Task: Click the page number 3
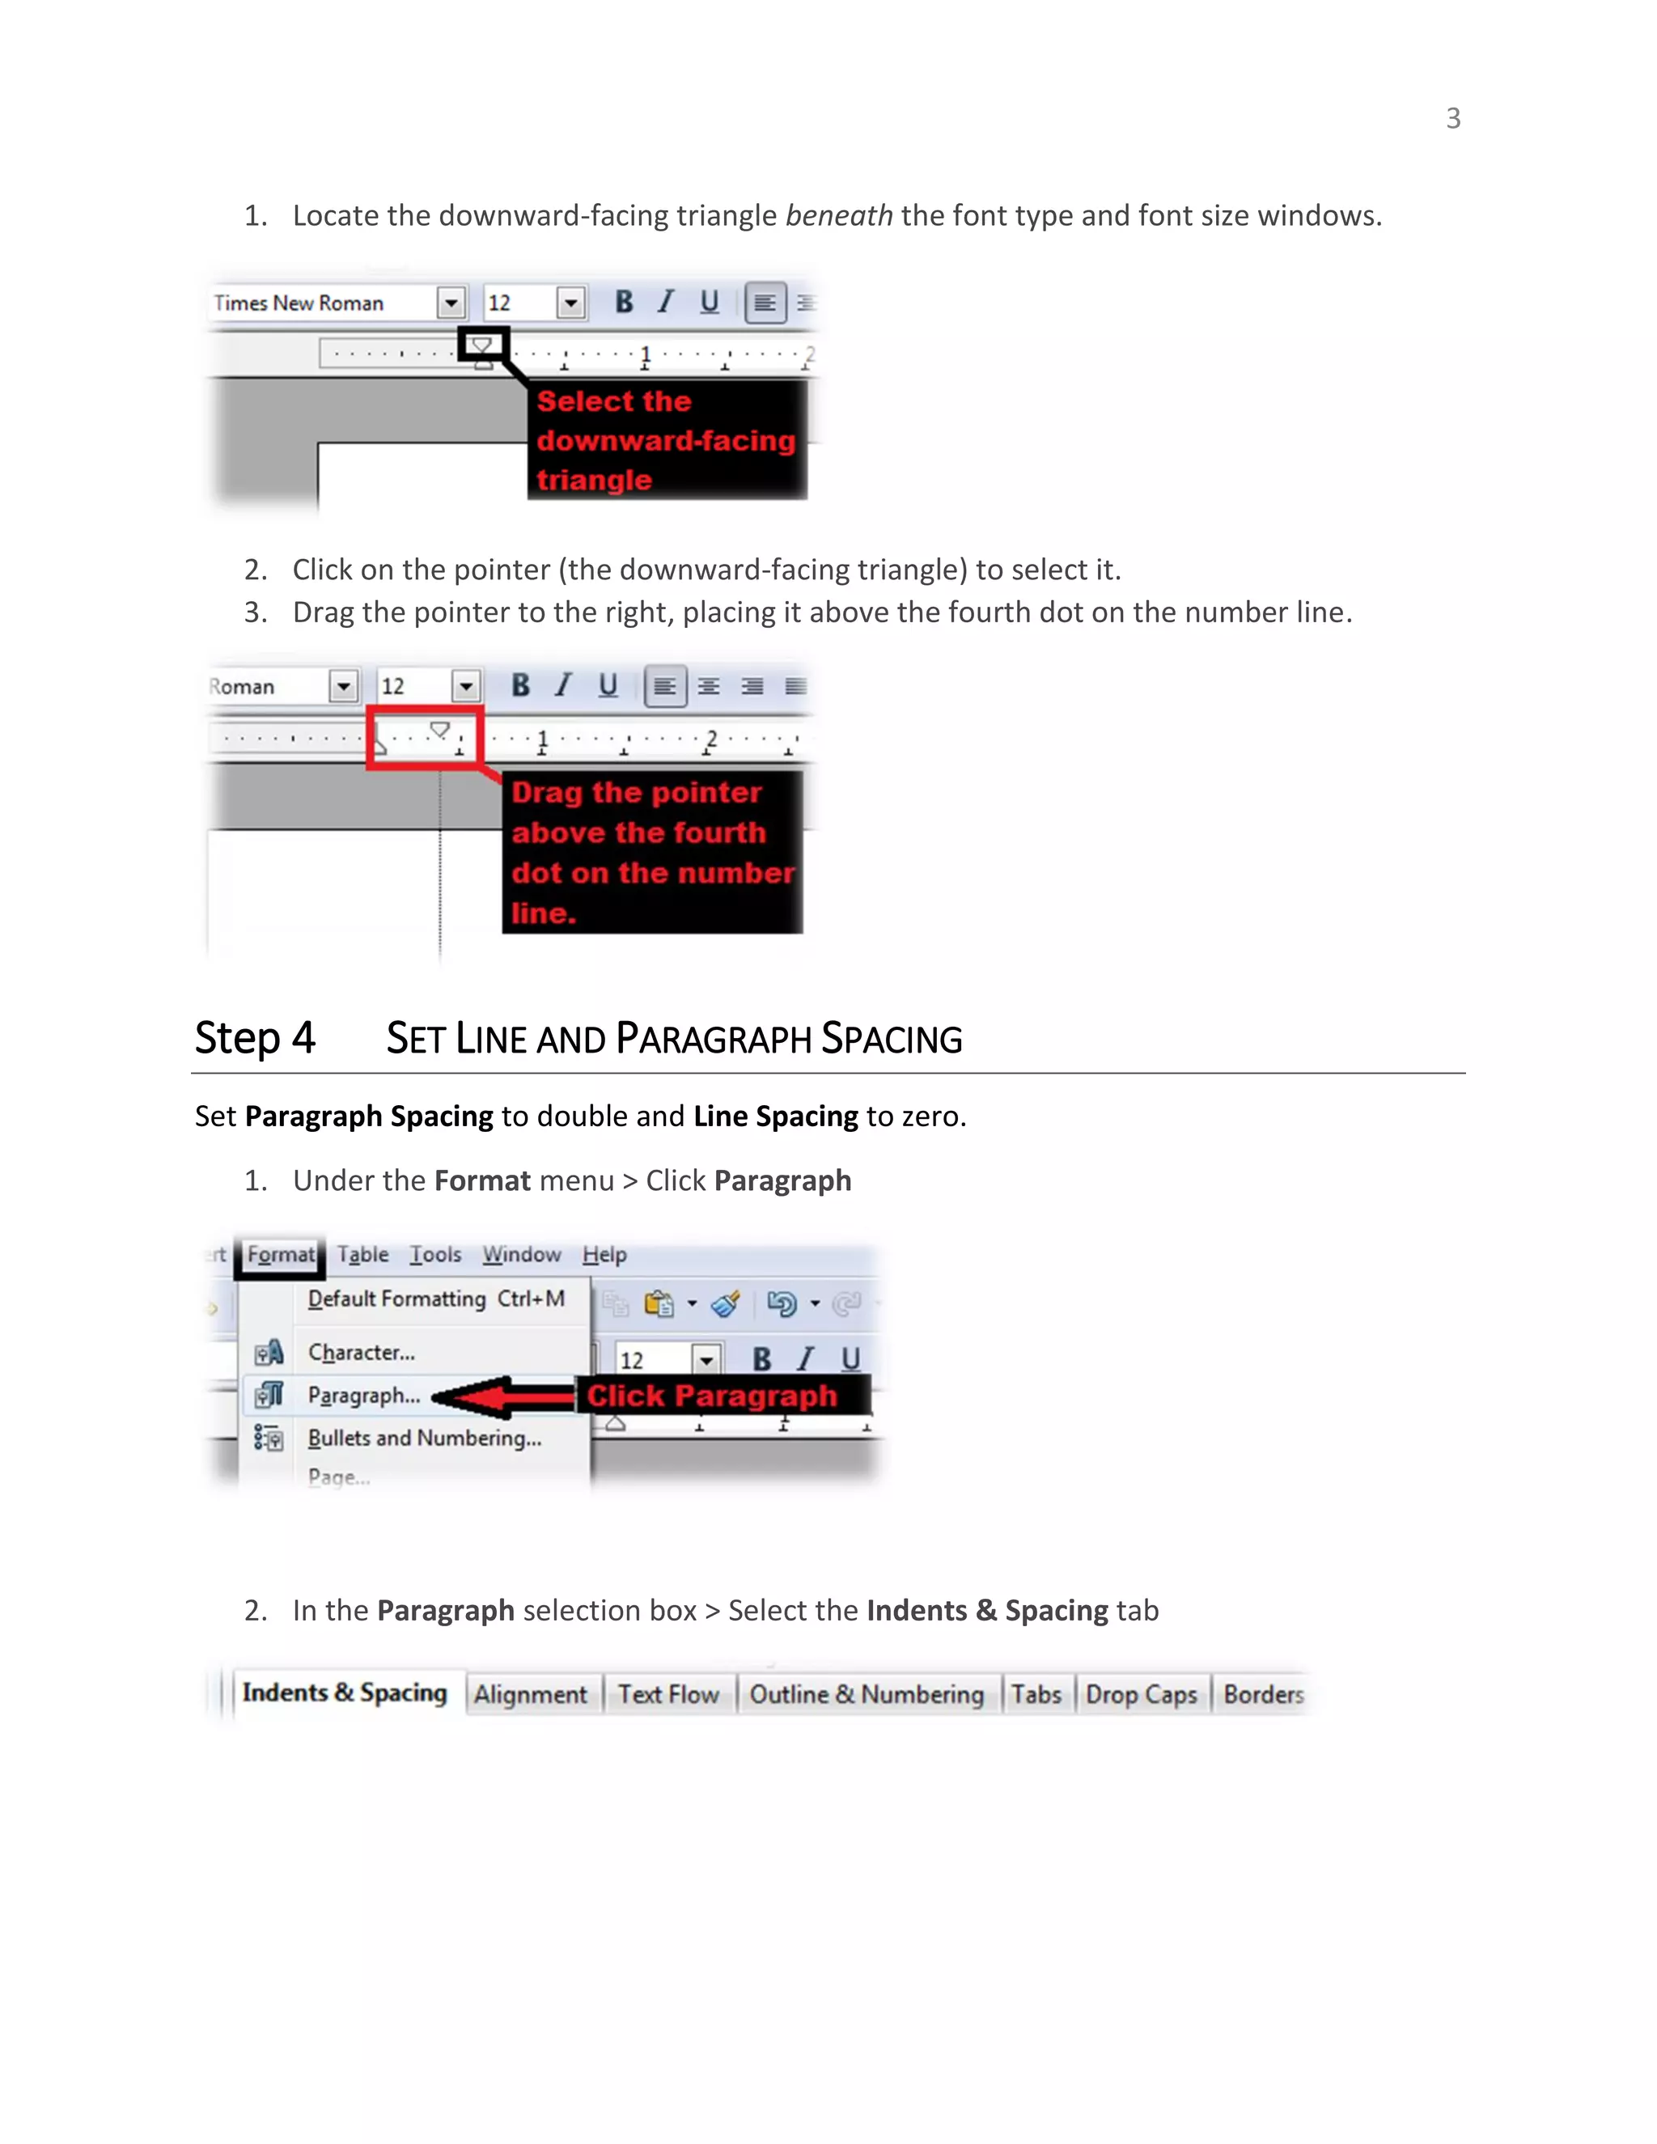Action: (1453, 119)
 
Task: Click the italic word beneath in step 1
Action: (838, 215)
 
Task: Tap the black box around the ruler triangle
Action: (483, 345)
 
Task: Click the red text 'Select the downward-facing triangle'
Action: (666, 440)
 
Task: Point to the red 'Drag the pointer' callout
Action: (652, 851)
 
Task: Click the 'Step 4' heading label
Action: (255, 1038)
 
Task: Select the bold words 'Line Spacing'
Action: (775, 1116)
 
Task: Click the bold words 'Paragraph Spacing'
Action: (368, 1116)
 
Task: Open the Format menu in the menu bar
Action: (281, 1255)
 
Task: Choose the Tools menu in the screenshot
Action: (434, 1255)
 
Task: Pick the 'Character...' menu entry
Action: (361, 1353)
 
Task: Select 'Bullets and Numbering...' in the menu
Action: (424, 1439)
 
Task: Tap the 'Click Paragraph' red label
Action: (712, 1396)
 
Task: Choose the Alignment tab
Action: (530, 1694)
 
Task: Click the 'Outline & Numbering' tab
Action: (866, 1694)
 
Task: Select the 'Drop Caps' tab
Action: (1141, 1694)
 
